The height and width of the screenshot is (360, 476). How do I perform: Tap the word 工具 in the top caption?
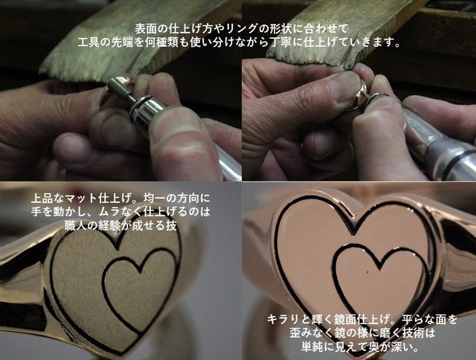tap(88, 43)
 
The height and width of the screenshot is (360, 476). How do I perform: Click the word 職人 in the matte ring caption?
tap(76, 225)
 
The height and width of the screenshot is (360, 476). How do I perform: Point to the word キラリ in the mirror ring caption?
tap(283, 319)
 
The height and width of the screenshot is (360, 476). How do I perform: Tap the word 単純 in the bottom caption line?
tap(312, 346)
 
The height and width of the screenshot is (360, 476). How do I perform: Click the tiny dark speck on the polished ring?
tap(367, 272)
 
